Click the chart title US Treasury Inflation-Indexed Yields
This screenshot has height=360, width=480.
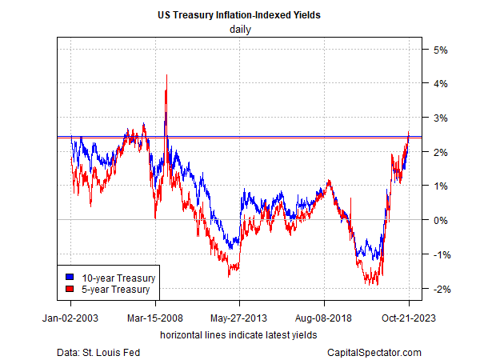point(239,14)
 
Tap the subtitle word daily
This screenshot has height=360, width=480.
point(239,29)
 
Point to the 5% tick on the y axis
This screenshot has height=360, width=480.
point(441,50)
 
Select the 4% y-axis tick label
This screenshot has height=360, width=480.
point(441,84)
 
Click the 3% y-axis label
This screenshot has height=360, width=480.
point(441,118)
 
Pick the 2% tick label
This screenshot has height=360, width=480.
point(441,152)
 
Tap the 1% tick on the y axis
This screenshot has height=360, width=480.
point(441,186)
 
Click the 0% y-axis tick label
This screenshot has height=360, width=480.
point(441,221)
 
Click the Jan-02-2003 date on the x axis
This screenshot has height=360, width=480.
point(70,317)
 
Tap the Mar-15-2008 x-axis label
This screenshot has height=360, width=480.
point(155,317)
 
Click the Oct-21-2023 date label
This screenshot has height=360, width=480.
point(409,317)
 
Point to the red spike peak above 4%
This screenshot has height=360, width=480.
point(166,75)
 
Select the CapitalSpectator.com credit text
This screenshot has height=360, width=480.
point(374,352)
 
